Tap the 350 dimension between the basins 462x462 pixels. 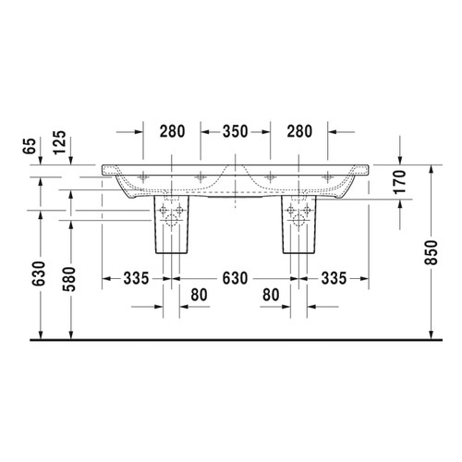click(235, 131)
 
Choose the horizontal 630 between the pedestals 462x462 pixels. click(233, 277)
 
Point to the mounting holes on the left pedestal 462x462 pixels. click(172, 213)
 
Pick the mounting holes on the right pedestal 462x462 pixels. click(297, 213)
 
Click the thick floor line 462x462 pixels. click(231, 340)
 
